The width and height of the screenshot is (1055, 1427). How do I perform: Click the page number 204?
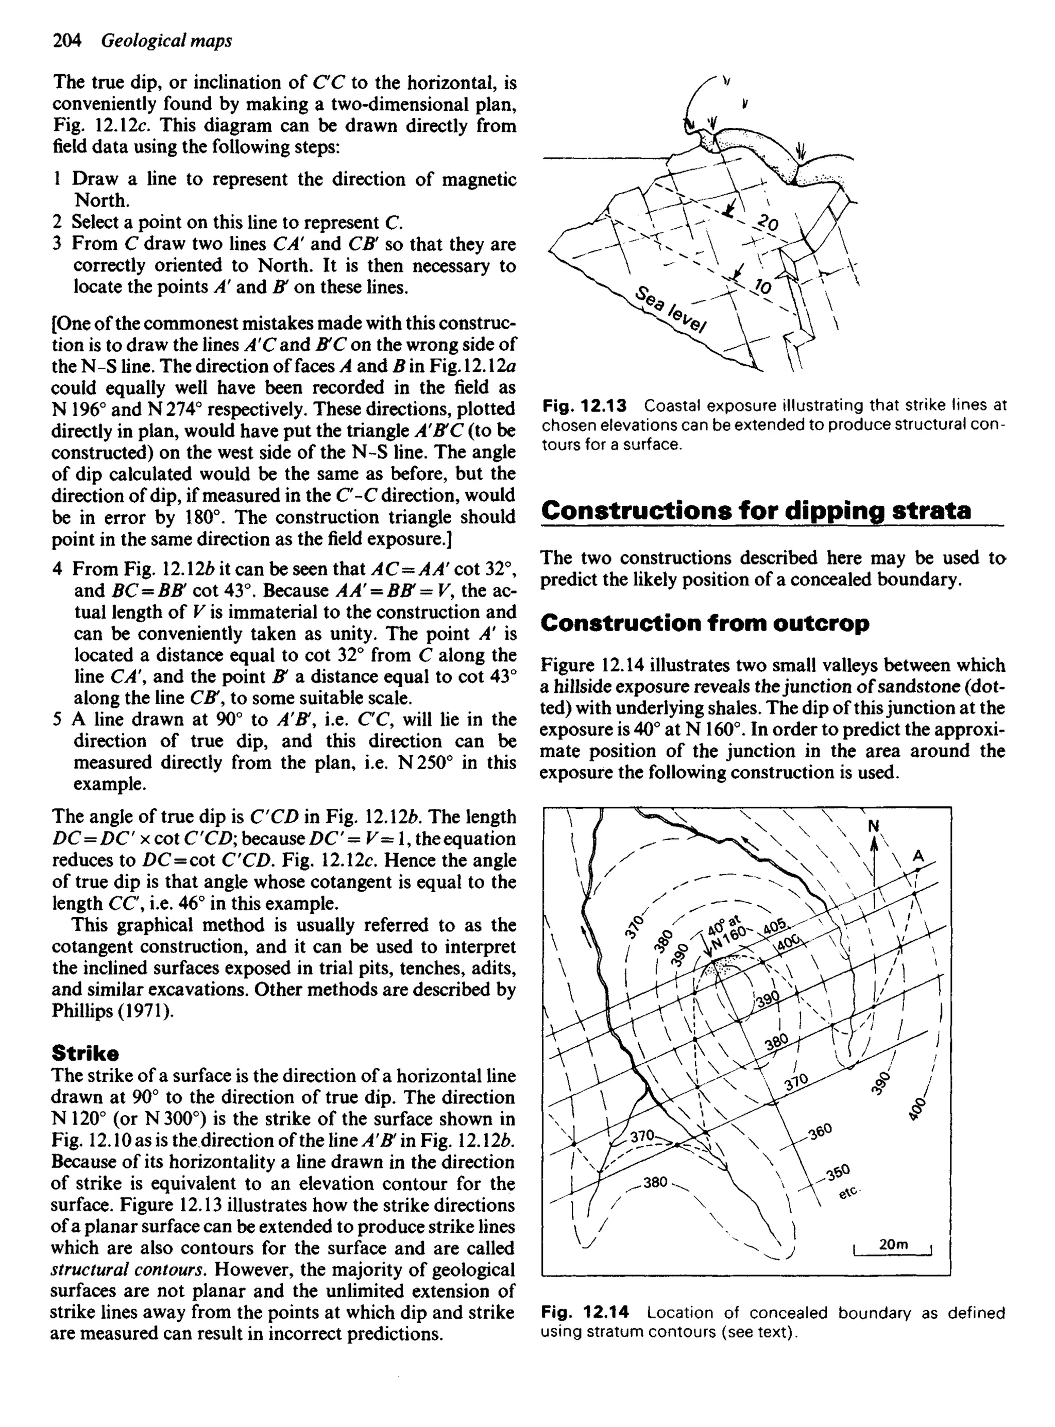coord(66,41)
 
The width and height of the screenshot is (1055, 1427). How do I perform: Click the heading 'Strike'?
coord(86,1052)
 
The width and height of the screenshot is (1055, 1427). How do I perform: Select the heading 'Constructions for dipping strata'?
coord(756,511)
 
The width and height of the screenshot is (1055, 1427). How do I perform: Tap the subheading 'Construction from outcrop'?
coord(705,623)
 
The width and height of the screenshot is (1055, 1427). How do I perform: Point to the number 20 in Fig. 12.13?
coord(768,224)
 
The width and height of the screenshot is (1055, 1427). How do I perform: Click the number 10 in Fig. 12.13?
coord(763,285)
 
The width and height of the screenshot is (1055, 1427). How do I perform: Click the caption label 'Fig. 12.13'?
coord(585,405)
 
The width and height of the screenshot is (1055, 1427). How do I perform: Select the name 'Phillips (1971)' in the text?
coord(111,1011)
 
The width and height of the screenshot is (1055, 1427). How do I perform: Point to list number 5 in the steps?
coord(58,720)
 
